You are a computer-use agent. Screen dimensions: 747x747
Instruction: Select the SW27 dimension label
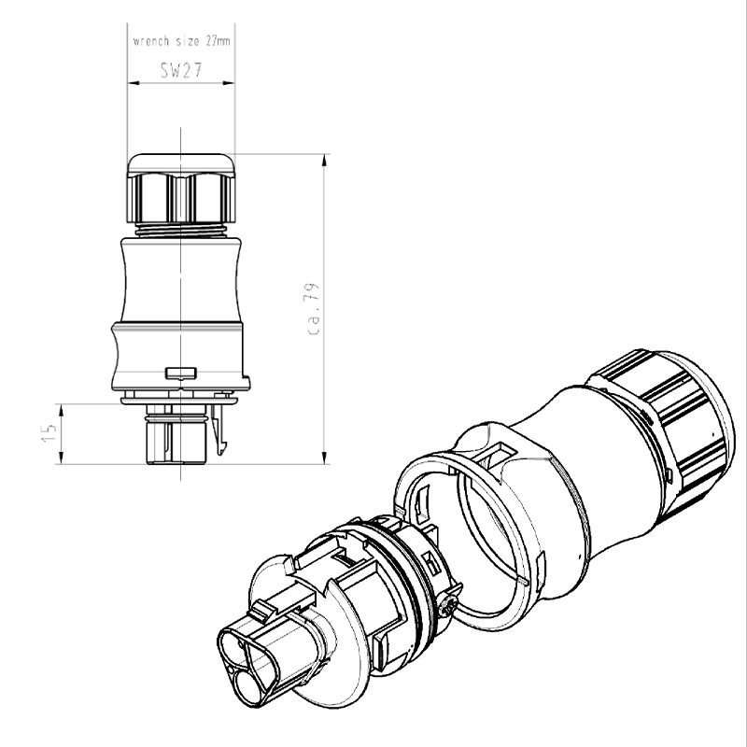[x=180, y=71]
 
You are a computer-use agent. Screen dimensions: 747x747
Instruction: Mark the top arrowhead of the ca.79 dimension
[x=324, y=160]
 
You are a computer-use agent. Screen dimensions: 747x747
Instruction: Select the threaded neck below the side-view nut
[x=180, y=228]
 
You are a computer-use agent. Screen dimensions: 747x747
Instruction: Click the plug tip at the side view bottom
[x=174, y=443]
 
